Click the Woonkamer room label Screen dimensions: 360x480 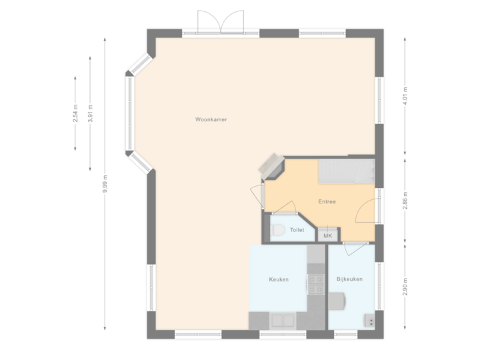211,120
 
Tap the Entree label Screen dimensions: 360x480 327,201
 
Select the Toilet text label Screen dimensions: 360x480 297,230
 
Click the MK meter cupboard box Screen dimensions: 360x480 327,235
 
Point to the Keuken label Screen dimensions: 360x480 279,279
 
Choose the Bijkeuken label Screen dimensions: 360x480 349,279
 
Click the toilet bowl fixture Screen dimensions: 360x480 278,231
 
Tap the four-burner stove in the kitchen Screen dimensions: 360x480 315,285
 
